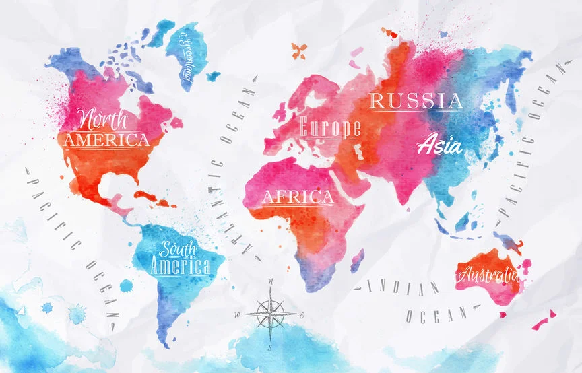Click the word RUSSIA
[x=416, y=102]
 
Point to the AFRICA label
[x=297, y=197]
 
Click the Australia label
[x=488, y=275]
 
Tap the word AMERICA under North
[x=105, y=141]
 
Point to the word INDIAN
[x=400, y=288]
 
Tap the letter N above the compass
[x=270, y=281]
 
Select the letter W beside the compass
[x=237, y=315]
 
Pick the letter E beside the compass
[x=302, y=315]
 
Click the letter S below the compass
[x=270, y=348]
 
